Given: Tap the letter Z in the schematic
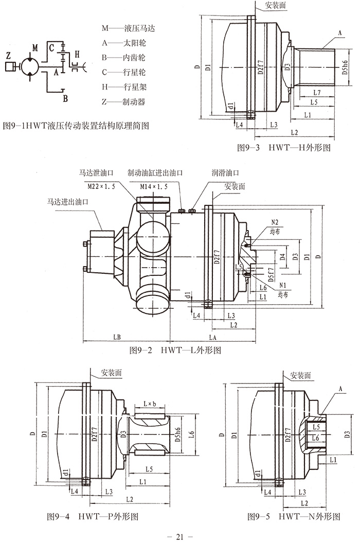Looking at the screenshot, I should pos(7,55).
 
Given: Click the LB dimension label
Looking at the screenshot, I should pos(117,337).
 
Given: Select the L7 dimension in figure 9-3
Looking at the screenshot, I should pos(317,92).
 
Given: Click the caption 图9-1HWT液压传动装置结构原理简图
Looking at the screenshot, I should pos(76,125).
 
